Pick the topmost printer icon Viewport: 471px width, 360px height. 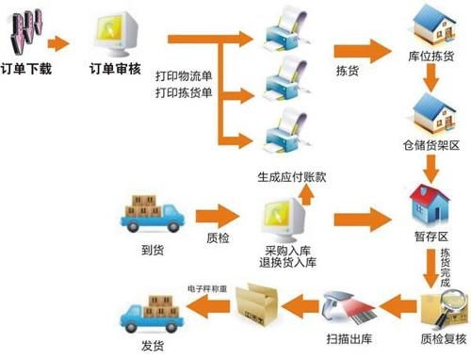pos(287,32)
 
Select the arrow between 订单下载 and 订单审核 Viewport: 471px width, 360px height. pos(58,43)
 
